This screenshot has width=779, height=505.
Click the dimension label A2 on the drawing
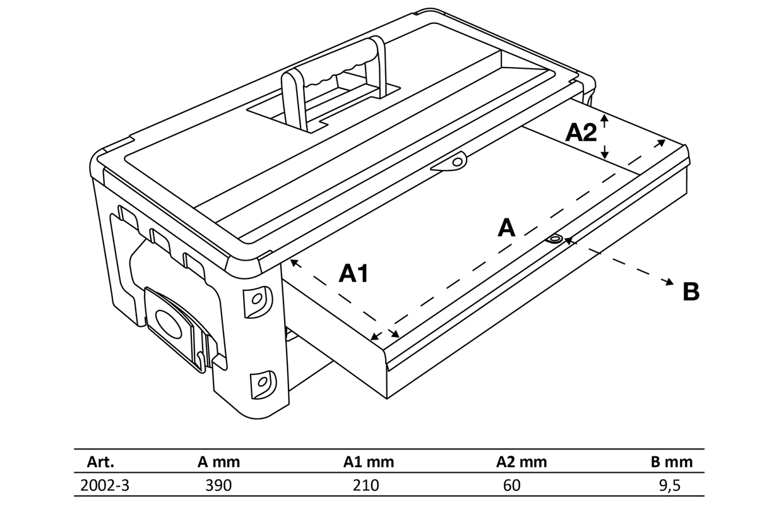pyautogui.click(x=581, y=133)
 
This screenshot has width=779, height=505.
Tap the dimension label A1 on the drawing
pyautogui.click(x=354, y=273)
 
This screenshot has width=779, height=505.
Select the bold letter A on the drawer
pyautogui.click(x=506, y=228)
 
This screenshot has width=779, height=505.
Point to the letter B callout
pyautogui.click(x=691, y=292)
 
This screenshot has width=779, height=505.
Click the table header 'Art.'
pyautogui.click(x=100, y=461)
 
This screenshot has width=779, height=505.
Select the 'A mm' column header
pyautogui.click(x=218, y=461)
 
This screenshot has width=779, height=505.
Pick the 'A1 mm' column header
pyautogui.click(x=369, y=461)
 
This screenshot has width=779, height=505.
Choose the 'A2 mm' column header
pyautogui.click(x=521, y=461)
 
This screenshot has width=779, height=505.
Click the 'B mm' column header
pyautogui.click(x=672, y=461)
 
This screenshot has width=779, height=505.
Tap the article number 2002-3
pyautogui.click(x=105, y=485)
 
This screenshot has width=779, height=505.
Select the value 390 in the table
pyautogui.click(x=218, y=485)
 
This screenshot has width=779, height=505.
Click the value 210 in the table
pyautogui.click(x=367, y=485)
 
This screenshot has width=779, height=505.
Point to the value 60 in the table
pyautogui.click(x=513, y=485)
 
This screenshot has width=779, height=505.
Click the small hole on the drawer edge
pyautogui.click(x=555, y=239)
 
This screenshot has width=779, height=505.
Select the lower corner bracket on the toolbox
pyautogui.click(x=261, y=381)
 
